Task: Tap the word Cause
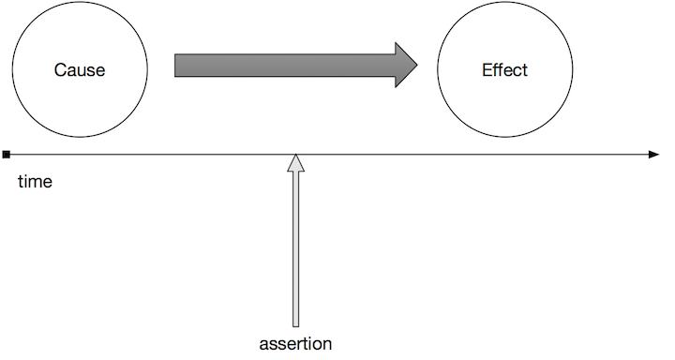coord(80,71)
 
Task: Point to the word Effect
coord(504,70)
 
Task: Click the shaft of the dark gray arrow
coord(281,66)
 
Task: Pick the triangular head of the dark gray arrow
coord(406,66)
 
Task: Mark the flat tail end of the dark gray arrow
coord(176,66)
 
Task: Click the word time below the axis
coord(35,182)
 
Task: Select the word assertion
coord(295,343)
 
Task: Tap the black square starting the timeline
coord(7,154)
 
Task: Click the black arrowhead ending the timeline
coord(654,154)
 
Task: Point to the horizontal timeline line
coord(469,154)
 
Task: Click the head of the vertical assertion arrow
coord(295,163)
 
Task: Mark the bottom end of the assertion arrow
coord(295,325)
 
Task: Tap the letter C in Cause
coord(60,71)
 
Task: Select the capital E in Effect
coord(487,70)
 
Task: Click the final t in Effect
coord(525,70)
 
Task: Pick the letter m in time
coord(36,183)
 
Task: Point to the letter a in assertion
coord(263,344)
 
